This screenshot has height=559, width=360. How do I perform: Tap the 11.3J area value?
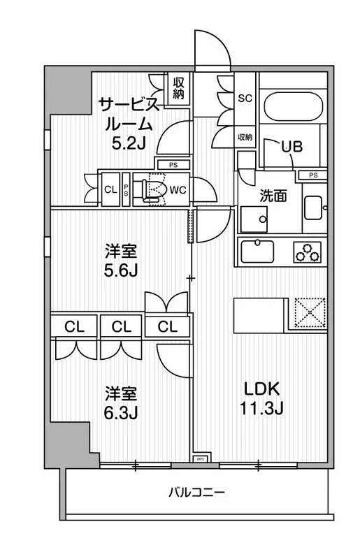pos(264,409)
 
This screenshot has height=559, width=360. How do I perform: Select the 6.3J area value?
pos(121,413)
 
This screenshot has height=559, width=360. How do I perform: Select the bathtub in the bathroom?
pos(293,108)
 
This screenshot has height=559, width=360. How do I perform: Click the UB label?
pos(291,146)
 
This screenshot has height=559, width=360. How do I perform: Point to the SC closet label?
pos(245,98)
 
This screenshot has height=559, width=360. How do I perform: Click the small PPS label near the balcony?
pos(200,460)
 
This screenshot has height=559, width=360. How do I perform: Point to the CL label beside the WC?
pos(110,189)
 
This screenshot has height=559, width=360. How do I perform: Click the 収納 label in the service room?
pos(178,88)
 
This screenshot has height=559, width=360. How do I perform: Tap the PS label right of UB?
pos(313,175)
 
